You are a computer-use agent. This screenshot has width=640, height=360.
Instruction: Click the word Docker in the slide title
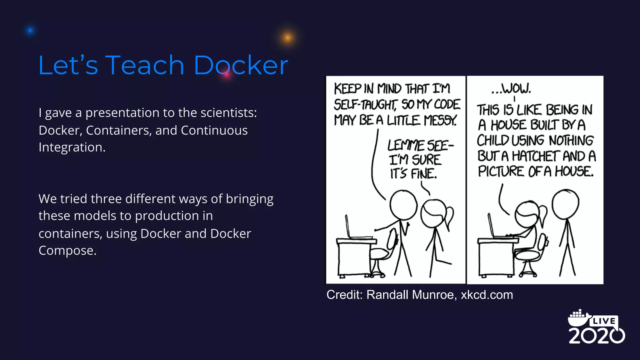click(241, 65)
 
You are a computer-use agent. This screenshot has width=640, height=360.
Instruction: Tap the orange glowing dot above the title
click(287, 38)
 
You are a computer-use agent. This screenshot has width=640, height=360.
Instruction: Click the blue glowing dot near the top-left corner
click(30, 31)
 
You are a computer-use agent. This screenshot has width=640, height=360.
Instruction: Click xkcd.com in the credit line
click(487, 295)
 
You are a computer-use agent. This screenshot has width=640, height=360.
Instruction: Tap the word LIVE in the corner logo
click(604, 321)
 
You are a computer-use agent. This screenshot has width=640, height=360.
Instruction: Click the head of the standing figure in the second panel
click(565, 204)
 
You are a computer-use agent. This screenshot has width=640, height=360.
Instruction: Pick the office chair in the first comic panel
click(381, 256)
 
